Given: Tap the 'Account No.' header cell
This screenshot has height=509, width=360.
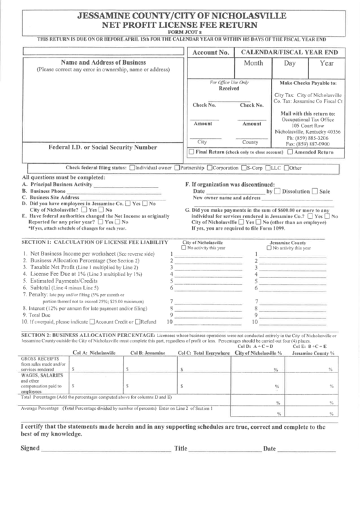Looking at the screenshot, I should point(210,52).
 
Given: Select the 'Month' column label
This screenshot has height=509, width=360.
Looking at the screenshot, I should point(253,63).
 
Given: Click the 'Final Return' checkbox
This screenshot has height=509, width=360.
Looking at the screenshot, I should point(181,153).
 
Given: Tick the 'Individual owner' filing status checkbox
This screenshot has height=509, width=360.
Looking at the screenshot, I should point(131,167).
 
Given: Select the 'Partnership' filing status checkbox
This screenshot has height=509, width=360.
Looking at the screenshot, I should point(177,167).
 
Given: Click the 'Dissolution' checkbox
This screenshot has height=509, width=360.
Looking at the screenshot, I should point(277,191).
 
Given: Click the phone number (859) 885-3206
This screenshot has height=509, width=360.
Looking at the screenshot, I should point(303,138).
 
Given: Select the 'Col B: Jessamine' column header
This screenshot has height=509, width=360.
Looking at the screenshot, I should point(148,353).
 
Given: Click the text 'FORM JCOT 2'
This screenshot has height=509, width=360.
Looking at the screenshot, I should point(180,31).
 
